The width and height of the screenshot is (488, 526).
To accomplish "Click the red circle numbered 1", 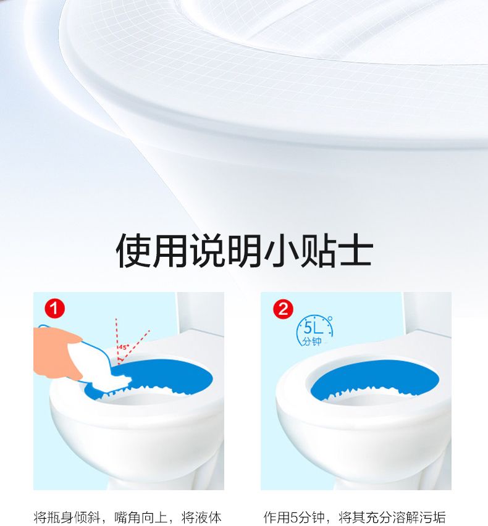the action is tap(54, 309).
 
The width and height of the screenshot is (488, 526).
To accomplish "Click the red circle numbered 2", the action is tap(283, 309).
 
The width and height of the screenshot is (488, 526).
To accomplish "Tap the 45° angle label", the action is tap(124, 347).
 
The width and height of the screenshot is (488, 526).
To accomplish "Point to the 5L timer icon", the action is tap(314, 331).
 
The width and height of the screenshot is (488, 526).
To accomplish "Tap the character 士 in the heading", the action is tap(356, 251).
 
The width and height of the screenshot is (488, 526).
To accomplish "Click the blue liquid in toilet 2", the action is tap(374, 378).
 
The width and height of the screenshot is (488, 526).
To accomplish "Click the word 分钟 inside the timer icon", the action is tap(311, 341).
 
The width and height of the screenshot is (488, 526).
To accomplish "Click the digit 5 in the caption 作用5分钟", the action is tap(294, 517).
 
